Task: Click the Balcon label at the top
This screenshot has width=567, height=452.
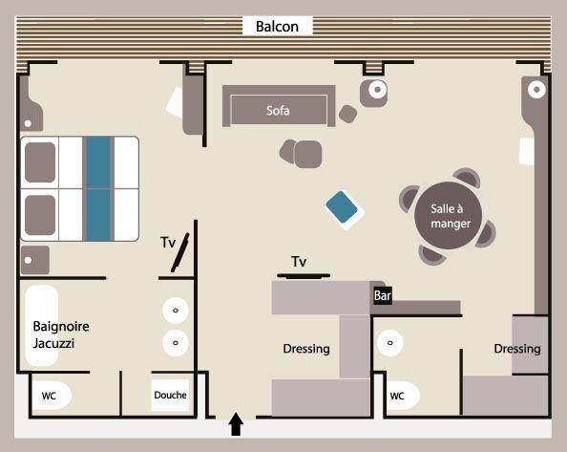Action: click(x=277, y=27)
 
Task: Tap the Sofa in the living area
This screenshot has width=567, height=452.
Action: click(x=279, y=106)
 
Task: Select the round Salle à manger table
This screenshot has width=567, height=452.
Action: click(x=448, y=216)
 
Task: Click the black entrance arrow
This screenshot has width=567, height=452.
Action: click(x=236, y=423)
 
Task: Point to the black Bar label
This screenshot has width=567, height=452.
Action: click(x=382, y=295)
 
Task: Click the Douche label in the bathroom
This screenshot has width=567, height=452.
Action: click(x=170, y=395)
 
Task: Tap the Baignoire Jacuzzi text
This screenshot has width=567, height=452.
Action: click(x=61, y=334)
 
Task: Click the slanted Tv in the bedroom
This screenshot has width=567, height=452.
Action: click(x=180, y=252)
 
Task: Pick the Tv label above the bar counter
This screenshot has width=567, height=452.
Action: click(x=299, y=261)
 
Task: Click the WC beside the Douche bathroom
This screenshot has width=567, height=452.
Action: click(x=49, y=396)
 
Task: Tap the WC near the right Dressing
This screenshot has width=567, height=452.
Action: click(x=397, y=396)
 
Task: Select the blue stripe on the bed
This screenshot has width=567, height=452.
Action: click(x=98, y=188)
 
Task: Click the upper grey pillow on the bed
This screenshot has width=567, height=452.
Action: click(x=40, y=162)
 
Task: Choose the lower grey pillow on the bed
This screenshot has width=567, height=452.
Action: click(x=40, y=215)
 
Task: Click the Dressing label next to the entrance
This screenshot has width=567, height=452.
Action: click(x=306, y=349)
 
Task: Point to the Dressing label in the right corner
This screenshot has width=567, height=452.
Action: click(x=517, y=349)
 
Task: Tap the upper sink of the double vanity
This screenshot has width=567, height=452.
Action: click(x=176, y=311)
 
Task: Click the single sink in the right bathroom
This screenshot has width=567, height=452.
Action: click(x=389, y=343)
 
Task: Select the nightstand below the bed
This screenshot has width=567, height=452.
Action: click(x=35, y=260)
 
